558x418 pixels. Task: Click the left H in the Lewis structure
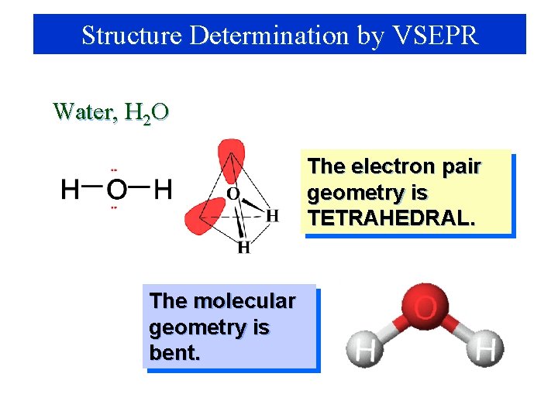[x=70, y=189]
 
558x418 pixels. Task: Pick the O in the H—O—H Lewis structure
[x=115, y=189]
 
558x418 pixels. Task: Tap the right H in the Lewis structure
[x=163, y=189]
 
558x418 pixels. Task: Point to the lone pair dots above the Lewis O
[x=114, y=170]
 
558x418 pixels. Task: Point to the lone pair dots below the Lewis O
[x=114, y=207]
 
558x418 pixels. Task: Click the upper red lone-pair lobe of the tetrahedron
[x=231, y=158]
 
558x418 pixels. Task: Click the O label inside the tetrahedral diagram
[x=232, y=194]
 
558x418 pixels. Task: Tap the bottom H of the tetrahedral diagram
[x=243, y=248]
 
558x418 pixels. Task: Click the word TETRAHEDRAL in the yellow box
[x=391, y=218]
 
